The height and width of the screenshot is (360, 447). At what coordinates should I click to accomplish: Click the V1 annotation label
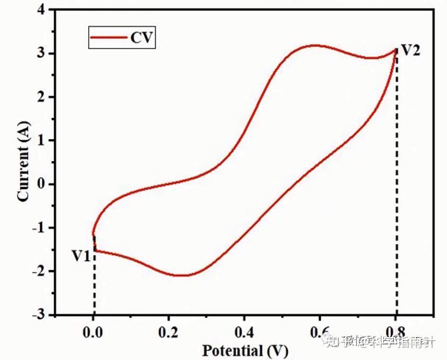(82, 256)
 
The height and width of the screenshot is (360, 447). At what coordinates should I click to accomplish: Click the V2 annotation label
(410, 51)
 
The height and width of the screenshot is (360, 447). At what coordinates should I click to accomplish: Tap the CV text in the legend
(141, 38)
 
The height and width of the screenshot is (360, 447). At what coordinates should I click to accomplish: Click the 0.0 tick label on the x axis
(93, 331)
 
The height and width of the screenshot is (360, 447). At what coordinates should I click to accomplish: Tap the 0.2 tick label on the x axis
(169, 331)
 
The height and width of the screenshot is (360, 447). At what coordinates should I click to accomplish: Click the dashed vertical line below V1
(95, 287)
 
